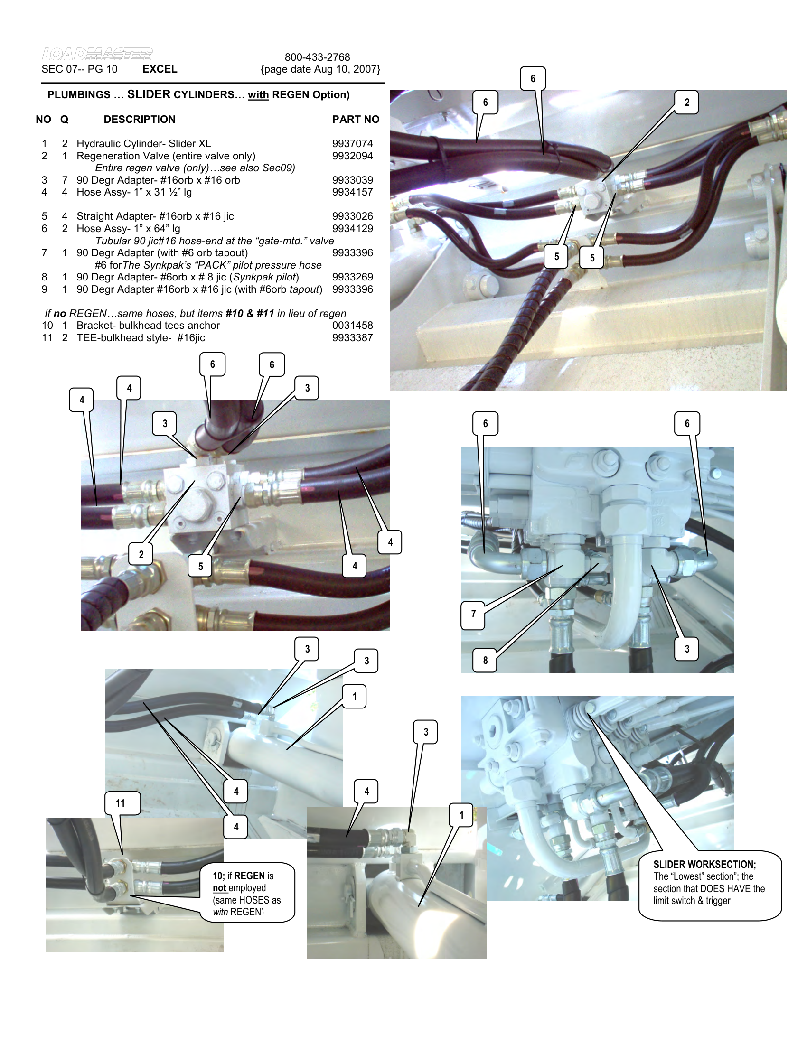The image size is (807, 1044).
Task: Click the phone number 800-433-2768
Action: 317,57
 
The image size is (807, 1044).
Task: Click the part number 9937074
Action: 352,144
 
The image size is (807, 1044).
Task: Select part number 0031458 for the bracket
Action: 352,326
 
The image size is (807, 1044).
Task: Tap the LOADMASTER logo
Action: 97,54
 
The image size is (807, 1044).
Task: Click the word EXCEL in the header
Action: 160,69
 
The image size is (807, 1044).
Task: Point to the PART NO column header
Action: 356,120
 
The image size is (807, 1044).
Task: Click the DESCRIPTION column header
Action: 140,120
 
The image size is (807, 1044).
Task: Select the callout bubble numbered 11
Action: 121,803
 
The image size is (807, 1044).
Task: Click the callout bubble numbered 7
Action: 473,614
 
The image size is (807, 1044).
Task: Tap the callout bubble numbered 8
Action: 485,660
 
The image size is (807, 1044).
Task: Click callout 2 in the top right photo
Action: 687,103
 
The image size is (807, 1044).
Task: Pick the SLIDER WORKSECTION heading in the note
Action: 704,864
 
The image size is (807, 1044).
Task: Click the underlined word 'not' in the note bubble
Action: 219,888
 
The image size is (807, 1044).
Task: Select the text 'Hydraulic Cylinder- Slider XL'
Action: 144,144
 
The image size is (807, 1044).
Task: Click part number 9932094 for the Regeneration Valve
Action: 352,156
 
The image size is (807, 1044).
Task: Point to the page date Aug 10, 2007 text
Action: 320,69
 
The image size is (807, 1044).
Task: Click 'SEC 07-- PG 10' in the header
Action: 79,69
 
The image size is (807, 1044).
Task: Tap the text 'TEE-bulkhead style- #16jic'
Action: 141,338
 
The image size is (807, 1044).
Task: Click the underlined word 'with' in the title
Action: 258,95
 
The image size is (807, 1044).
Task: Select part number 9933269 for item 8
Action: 352,277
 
